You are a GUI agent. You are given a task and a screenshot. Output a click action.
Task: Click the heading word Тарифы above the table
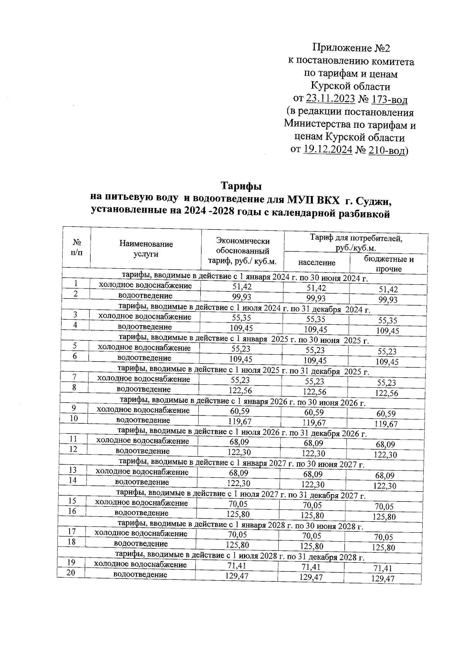coord(242,186)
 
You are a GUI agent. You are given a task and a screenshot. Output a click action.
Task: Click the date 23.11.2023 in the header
coord(330,99)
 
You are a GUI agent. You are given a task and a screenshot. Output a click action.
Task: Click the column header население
coord(317,262)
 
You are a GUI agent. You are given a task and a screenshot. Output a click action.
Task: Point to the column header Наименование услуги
coord(146,249)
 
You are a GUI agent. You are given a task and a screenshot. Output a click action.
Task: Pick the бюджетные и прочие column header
coord(389,264)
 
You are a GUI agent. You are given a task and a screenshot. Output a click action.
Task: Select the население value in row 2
coord(316,298)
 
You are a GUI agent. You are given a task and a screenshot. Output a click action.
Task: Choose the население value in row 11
coord(314,443)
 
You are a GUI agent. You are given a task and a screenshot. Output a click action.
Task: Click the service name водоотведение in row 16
coord(142,513)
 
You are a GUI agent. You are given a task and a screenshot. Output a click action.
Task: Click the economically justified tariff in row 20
coord(236,576)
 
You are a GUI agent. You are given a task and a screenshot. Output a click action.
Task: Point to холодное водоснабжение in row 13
coord(142,472)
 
